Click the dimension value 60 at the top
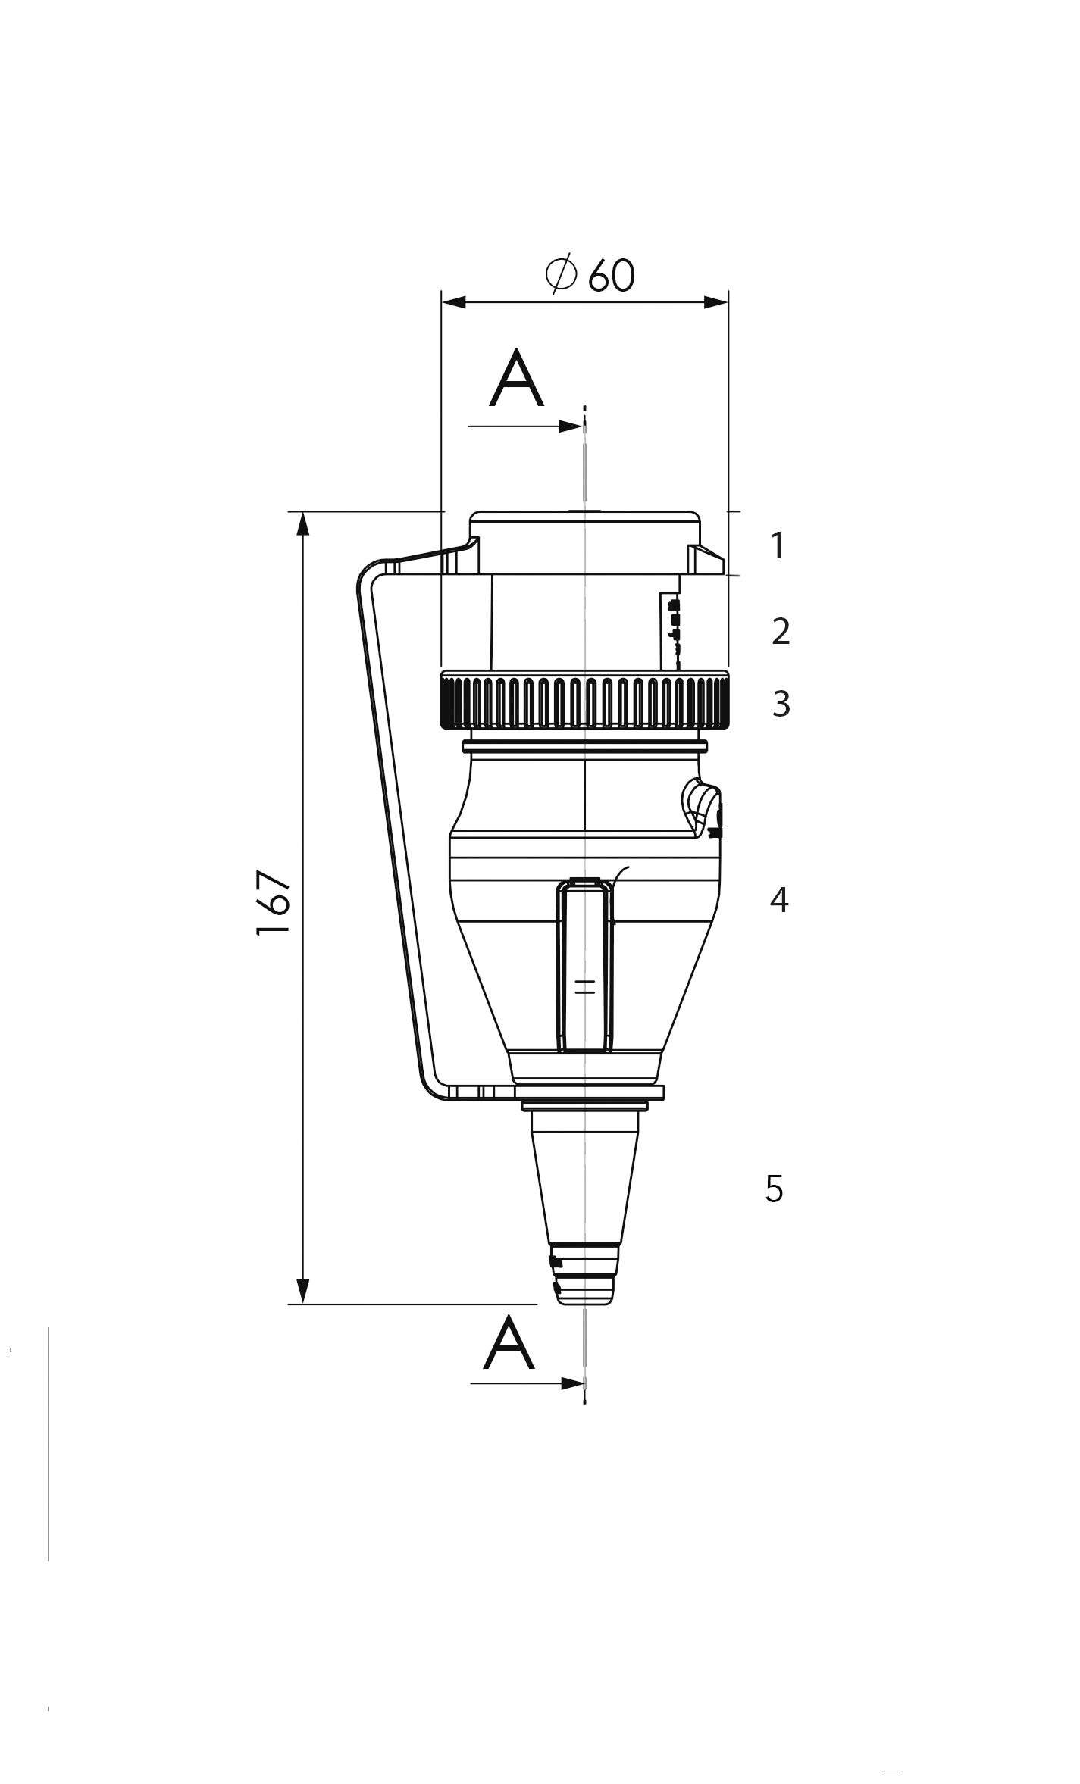tap(612, 275)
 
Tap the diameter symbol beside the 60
tap(562, 275)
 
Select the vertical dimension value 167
tap(274, 903)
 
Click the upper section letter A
tap(517, 379)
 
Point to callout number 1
tap(777, 545)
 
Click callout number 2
tap(781, 631)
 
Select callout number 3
tap(781, 704)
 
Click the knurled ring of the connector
tap(584, 701)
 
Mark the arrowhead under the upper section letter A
tap(570, 426)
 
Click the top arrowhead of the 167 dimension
tap(303, 524)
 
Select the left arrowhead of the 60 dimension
tap(454, 302)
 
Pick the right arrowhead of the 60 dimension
tap(715, 302)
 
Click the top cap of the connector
tap(584, 542)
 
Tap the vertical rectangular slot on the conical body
tap(584, 966)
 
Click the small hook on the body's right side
tap(703, 808)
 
